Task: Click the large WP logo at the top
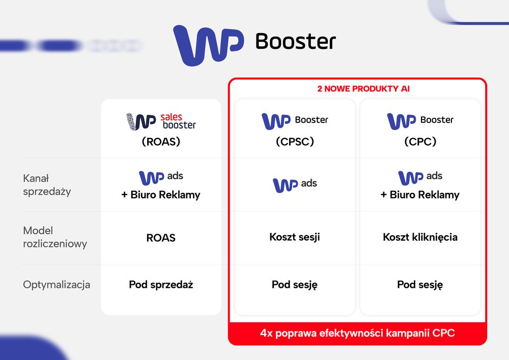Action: tap(208, 45)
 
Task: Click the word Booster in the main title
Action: tap(295, 42)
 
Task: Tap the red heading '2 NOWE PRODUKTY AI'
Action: tap(363, 89)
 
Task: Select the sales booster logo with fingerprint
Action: tap(161, 121)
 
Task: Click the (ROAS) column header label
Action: tap(161, 142)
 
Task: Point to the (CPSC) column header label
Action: tap(295, 142)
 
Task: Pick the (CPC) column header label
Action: tap(420, 142)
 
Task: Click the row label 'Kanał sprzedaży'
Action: tap(47, 185)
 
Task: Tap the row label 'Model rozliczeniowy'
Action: tap(55, 237)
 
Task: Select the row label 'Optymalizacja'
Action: tap(56, 285)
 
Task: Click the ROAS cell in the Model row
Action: tap(161, 238)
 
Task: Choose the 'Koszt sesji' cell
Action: tap(294, 237)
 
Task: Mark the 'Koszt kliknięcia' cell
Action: tap(420, 237)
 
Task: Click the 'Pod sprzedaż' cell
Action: tap(161, 285)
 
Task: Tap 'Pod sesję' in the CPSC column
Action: tap(294, 285)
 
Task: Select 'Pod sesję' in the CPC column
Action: tap(420, 285)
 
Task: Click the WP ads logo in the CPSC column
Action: tap(295, 185)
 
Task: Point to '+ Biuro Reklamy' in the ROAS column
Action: tap(161, 195)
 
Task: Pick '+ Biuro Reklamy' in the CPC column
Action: tap(420, 195)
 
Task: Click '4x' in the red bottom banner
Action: tap(266, 334)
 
